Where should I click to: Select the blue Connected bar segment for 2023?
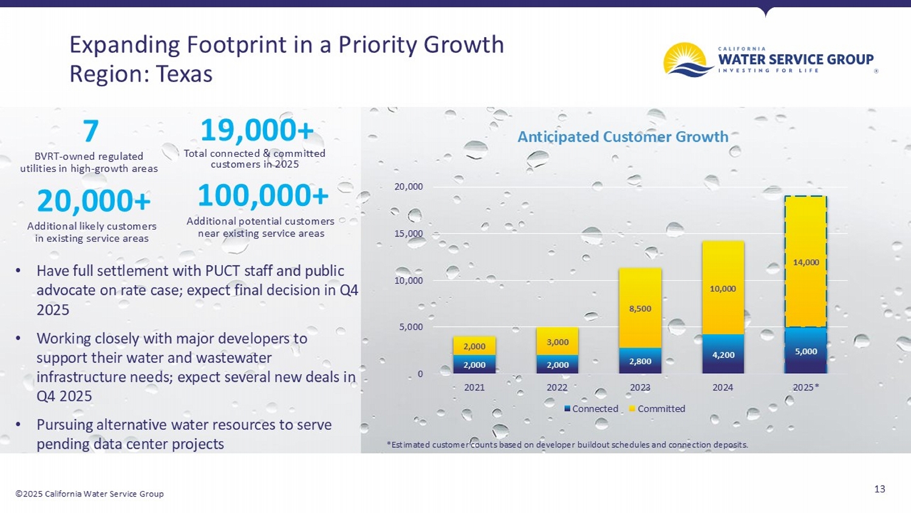click(x=640, y=361)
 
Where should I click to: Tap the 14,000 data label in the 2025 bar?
click(x=806, y=263)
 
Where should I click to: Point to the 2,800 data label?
click(x=640, y=362)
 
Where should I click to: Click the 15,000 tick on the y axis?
click(x=408, y=234)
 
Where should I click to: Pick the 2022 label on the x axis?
click(x=557, y=388)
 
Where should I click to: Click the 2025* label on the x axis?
click(x=806, y=388)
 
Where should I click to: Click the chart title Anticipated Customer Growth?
click(x=623, y=137)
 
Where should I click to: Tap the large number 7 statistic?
click(x=90, y=131)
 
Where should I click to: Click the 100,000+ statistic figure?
click(x=262, y=196)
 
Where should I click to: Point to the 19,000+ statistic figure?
click(x=257, y=130)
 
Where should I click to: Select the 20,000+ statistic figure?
click(x=94, y=201)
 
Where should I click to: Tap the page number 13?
click(x=879, y=489)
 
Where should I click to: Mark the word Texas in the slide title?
click(x=184, y=74)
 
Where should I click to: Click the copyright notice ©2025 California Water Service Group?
click(x=89, y=494)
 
